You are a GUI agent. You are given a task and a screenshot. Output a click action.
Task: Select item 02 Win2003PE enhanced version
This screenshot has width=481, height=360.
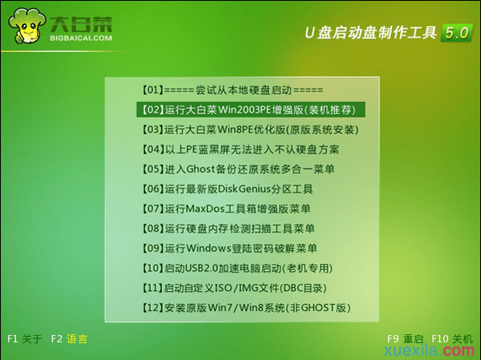pos(242,110)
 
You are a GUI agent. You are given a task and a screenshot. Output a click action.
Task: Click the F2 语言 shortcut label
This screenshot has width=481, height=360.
pos(67,339)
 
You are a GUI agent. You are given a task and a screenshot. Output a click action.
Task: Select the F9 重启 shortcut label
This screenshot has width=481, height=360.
pos(404,339)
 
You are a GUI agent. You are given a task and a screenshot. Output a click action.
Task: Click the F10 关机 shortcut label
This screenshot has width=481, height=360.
pos(452,339)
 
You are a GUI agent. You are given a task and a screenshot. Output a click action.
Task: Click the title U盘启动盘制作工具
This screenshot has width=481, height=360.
pos(370,33)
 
